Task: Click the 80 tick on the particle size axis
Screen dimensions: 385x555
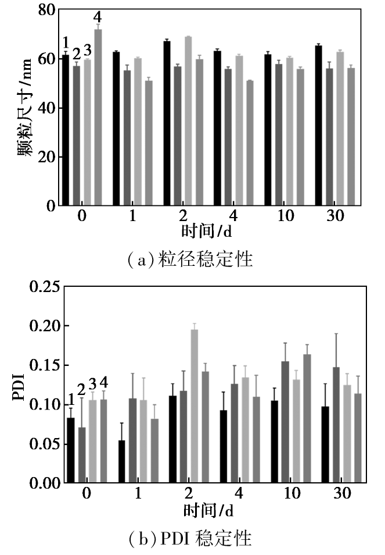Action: [x=47, y=9]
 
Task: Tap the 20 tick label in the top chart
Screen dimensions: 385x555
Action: [x=47, y=157]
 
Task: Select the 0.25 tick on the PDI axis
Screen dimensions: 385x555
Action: [x=45, y=287]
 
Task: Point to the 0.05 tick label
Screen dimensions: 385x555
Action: [x=45, y=444]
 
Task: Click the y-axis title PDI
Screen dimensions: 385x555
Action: [x=19, y=387]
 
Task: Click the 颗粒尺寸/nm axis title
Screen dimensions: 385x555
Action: [x=25, y=107]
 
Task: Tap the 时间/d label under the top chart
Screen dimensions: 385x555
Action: [x=207, y=231]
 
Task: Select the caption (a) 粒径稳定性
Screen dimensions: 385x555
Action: [x=190, y=259]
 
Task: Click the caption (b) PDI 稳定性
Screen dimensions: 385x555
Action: [x=190, y=538]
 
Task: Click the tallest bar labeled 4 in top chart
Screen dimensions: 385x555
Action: [x=98, y=117]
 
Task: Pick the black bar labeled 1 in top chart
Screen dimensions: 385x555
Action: [x=66, y=130]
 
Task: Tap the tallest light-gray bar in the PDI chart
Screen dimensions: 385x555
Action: [x=195, y=406]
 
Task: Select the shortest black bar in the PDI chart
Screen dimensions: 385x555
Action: [x=121, y=461]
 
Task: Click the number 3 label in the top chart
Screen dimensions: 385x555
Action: [x=87, y=51]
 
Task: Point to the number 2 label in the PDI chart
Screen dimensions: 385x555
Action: [x=81, y=390]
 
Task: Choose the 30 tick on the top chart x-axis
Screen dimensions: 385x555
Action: [x=335, y=215]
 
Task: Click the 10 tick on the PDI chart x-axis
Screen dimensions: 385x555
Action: [x=292, y=493]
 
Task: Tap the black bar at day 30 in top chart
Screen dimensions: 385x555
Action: [x=319, y=126]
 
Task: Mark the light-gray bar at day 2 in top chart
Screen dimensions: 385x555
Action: [x=188, y=121]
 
